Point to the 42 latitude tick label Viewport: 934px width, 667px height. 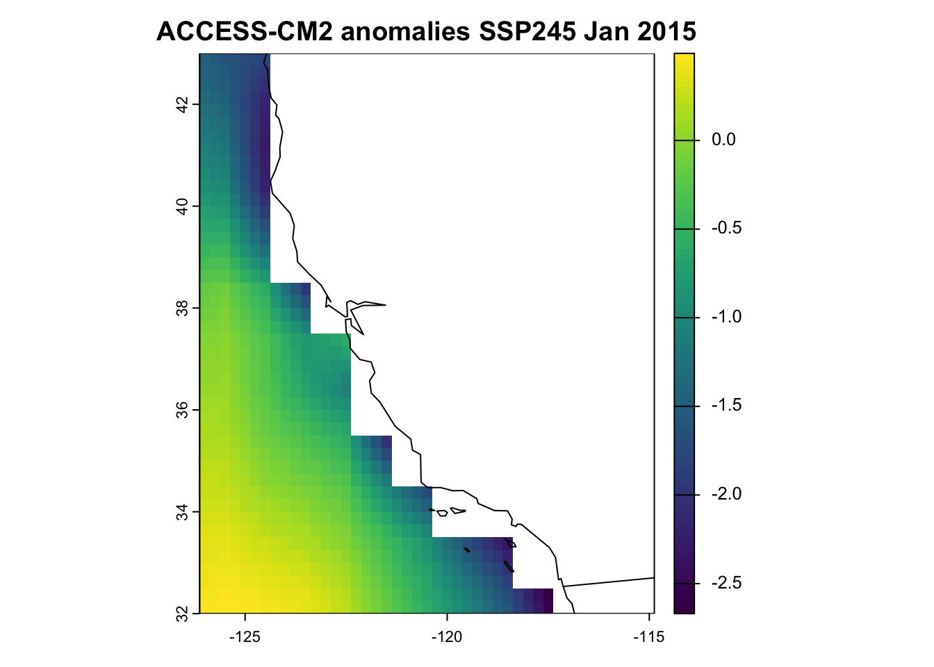182,105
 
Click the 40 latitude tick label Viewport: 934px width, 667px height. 182,206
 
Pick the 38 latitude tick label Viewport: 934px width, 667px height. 182,308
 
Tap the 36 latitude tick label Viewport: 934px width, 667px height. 182,410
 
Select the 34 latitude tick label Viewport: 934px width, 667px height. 182,512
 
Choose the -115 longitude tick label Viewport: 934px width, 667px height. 648,637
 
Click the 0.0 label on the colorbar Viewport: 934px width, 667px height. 723,140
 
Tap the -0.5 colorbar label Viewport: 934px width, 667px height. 726,229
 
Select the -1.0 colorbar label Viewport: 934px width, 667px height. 726,318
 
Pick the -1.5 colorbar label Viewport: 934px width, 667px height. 726,406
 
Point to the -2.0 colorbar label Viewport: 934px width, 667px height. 726,495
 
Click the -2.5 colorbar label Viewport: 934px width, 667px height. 726,583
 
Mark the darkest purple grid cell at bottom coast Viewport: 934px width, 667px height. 548,601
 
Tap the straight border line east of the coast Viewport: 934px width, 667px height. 612,582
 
